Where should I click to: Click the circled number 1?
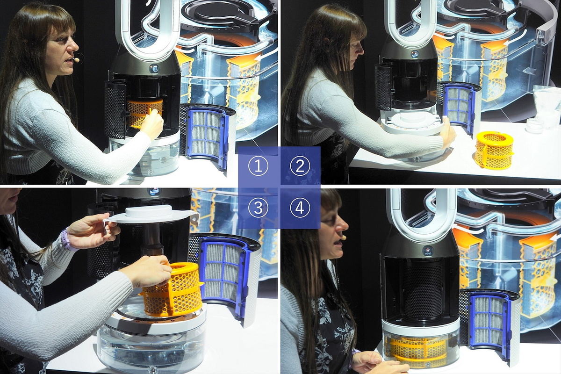coord(258,166)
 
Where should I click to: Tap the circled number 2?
coord(300,166)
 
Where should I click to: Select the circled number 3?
coord(258,208)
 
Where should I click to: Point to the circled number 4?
coord(300,208)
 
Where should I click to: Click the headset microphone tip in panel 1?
coord(77,60)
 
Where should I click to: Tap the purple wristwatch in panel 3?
coord(65,239)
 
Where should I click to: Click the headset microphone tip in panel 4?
coord(344,237)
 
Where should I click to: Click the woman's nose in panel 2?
coord(360,50)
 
